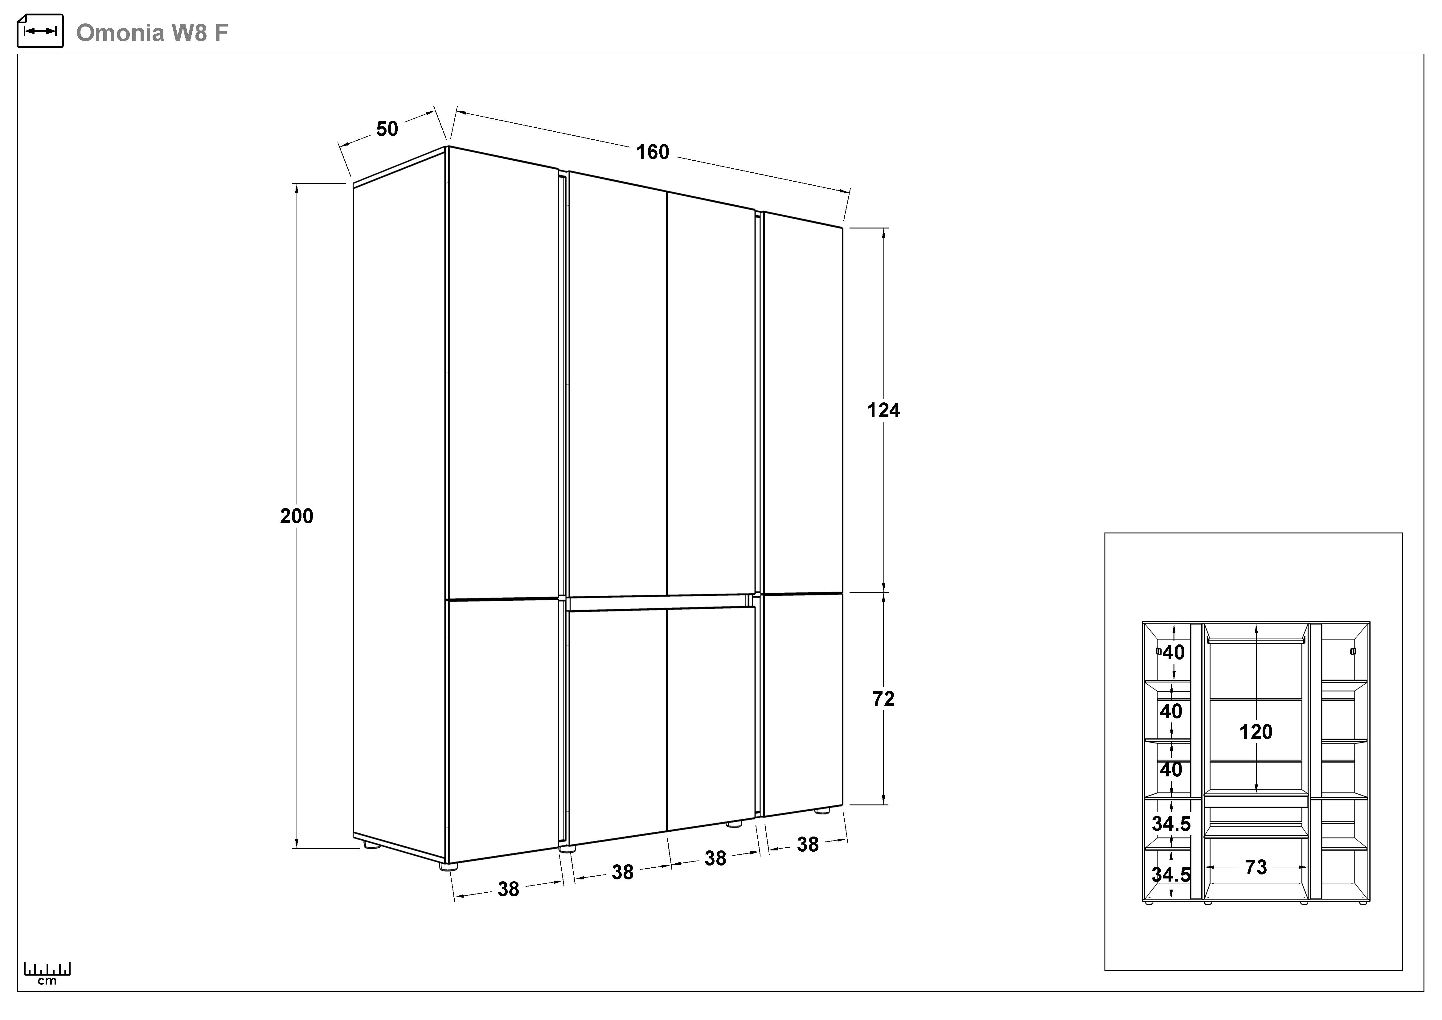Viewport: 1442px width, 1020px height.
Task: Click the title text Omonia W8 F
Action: click(152, 33)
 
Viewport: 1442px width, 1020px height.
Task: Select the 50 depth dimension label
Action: click(387, 129)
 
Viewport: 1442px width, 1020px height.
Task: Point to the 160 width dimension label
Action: click(653, 152)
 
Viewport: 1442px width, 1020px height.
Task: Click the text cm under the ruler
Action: click(47, 981)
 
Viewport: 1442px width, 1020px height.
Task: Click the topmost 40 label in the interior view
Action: click(1173, 652)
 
